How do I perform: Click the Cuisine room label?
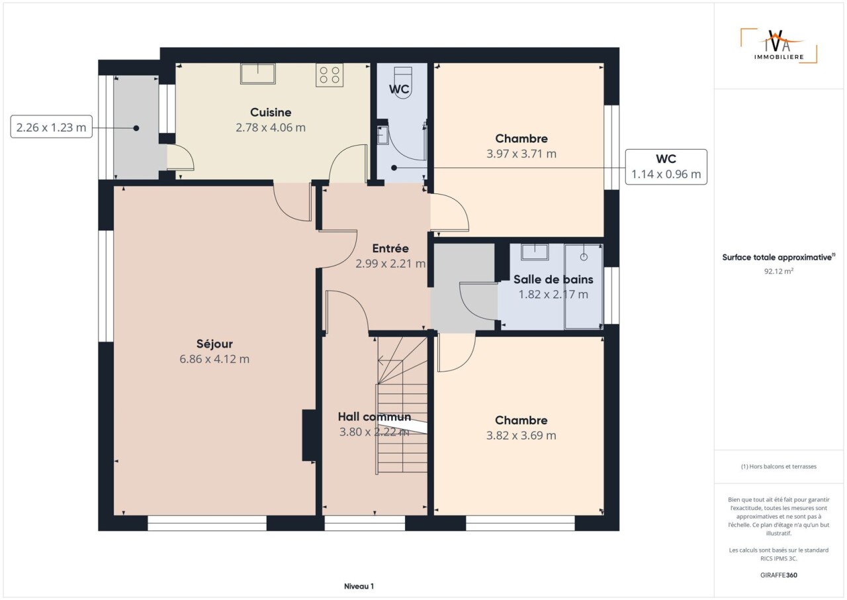point(271,113)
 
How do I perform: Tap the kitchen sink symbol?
point(258,74)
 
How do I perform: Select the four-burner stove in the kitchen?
point(330,75)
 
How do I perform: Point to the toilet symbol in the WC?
point(403,83)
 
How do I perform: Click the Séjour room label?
point(214,344)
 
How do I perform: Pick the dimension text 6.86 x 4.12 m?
point(214,359)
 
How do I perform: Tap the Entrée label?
point(390,248)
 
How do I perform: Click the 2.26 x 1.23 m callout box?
point(52,126)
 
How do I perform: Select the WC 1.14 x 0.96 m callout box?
point(666,167)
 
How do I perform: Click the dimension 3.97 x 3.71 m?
point(521,154)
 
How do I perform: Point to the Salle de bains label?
point(553,279)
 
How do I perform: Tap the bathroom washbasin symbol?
point(535,252)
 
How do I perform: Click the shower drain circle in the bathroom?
point(584,257)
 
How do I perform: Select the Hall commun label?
point(375,417)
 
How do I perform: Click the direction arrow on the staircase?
point(390,360)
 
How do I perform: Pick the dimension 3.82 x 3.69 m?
point(521,436)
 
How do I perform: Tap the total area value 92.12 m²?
point(779,272)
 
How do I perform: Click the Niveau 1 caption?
point(359,586)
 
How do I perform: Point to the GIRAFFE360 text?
point(779,575)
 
